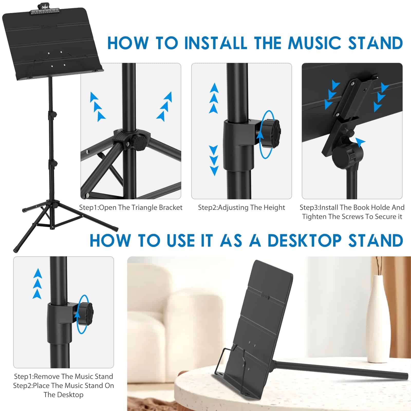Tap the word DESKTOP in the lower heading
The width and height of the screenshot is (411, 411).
coord(304,240)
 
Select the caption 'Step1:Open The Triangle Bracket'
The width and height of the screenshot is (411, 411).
coord(131,208)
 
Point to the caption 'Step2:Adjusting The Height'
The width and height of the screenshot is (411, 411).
coord(241,208)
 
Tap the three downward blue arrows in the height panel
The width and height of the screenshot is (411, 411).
coord(214,161)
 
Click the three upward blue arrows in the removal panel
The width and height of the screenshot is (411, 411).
coord(38,284)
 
